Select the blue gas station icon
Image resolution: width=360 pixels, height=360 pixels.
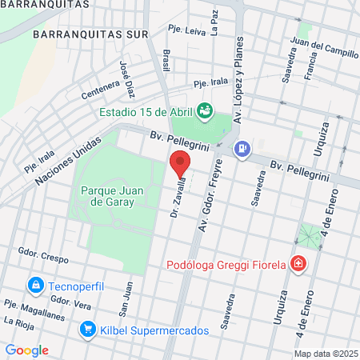tap(242, 148)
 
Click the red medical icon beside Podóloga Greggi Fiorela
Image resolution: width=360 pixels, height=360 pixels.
tap(298, 263)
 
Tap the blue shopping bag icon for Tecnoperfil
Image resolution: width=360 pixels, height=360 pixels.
tap(35, 286)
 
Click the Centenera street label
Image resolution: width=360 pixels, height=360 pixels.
tap(100, 89)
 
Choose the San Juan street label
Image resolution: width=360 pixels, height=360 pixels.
tap(126, 296)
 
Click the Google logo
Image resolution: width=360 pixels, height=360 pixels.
tap(27, 350)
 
